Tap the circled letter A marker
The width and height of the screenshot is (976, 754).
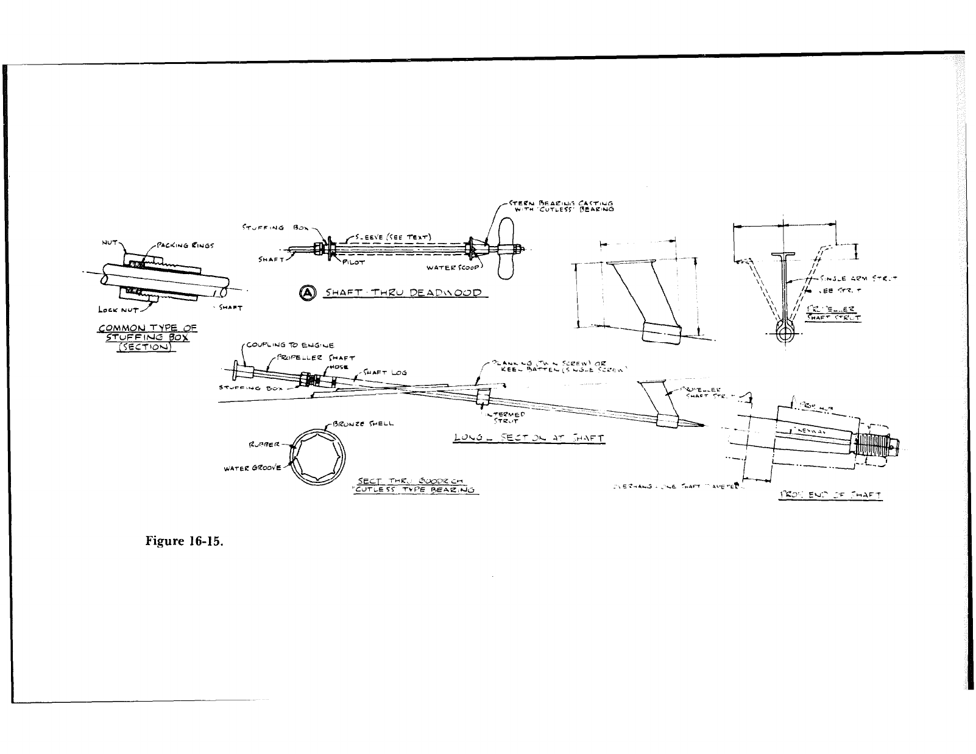[308, 293]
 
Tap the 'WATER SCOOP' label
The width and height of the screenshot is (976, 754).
[454, 267]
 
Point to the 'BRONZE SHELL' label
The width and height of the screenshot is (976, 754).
[364, 424]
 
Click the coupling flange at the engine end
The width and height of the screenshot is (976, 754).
[236, 369]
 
